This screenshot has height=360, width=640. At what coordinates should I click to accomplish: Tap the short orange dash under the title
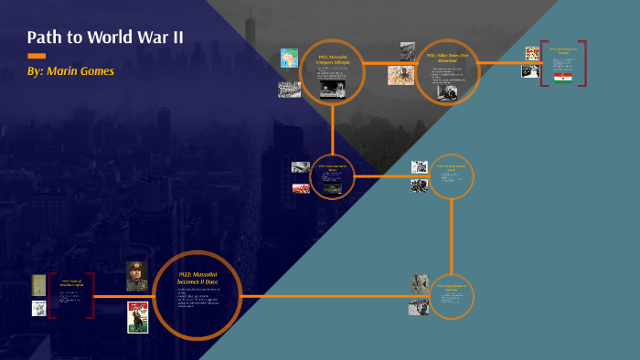point(37,56)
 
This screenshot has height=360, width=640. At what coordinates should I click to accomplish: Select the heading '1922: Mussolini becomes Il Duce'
point(197,268)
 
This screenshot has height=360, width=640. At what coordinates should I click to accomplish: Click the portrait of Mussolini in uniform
point(137,277)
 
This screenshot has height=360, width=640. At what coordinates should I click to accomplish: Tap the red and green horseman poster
point(137,317)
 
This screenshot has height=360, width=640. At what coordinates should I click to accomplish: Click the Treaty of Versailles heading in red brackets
point(71,284)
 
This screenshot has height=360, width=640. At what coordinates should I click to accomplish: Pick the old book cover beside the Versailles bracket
point(38,284)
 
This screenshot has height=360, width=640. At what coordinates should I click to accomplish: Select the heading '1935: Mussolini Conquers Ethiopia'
point(332,60)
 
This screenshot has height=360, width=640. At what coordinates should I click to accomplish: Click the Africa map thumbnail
point(289,58)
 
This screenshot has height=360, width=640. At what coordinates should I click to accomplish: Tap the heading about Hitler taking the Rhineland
point(447,57)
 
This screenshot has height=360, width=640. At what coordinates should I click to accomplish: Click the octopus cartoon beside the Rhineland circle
point(400,75)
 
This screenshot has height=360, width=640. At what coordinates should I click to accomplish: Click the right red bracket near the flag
point(582,63)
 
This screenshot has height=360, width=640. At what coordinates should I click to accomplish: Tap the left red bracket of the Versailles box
point(52,295)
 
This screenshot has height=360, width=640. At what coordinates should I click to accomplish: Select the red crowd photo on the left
point(301,188)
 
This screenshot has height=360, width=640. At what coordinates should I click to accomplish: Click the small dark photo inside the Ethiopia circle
point(332,89)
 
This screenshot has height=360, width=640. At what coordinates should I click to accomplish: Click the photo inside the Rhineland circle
point(447,91)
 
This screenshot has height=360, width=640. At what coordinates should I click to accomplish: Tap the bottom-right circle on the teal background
point(452,296)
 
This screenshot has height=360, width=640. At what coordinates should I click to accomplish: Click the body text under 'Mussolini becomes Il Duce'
point(197,297)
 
